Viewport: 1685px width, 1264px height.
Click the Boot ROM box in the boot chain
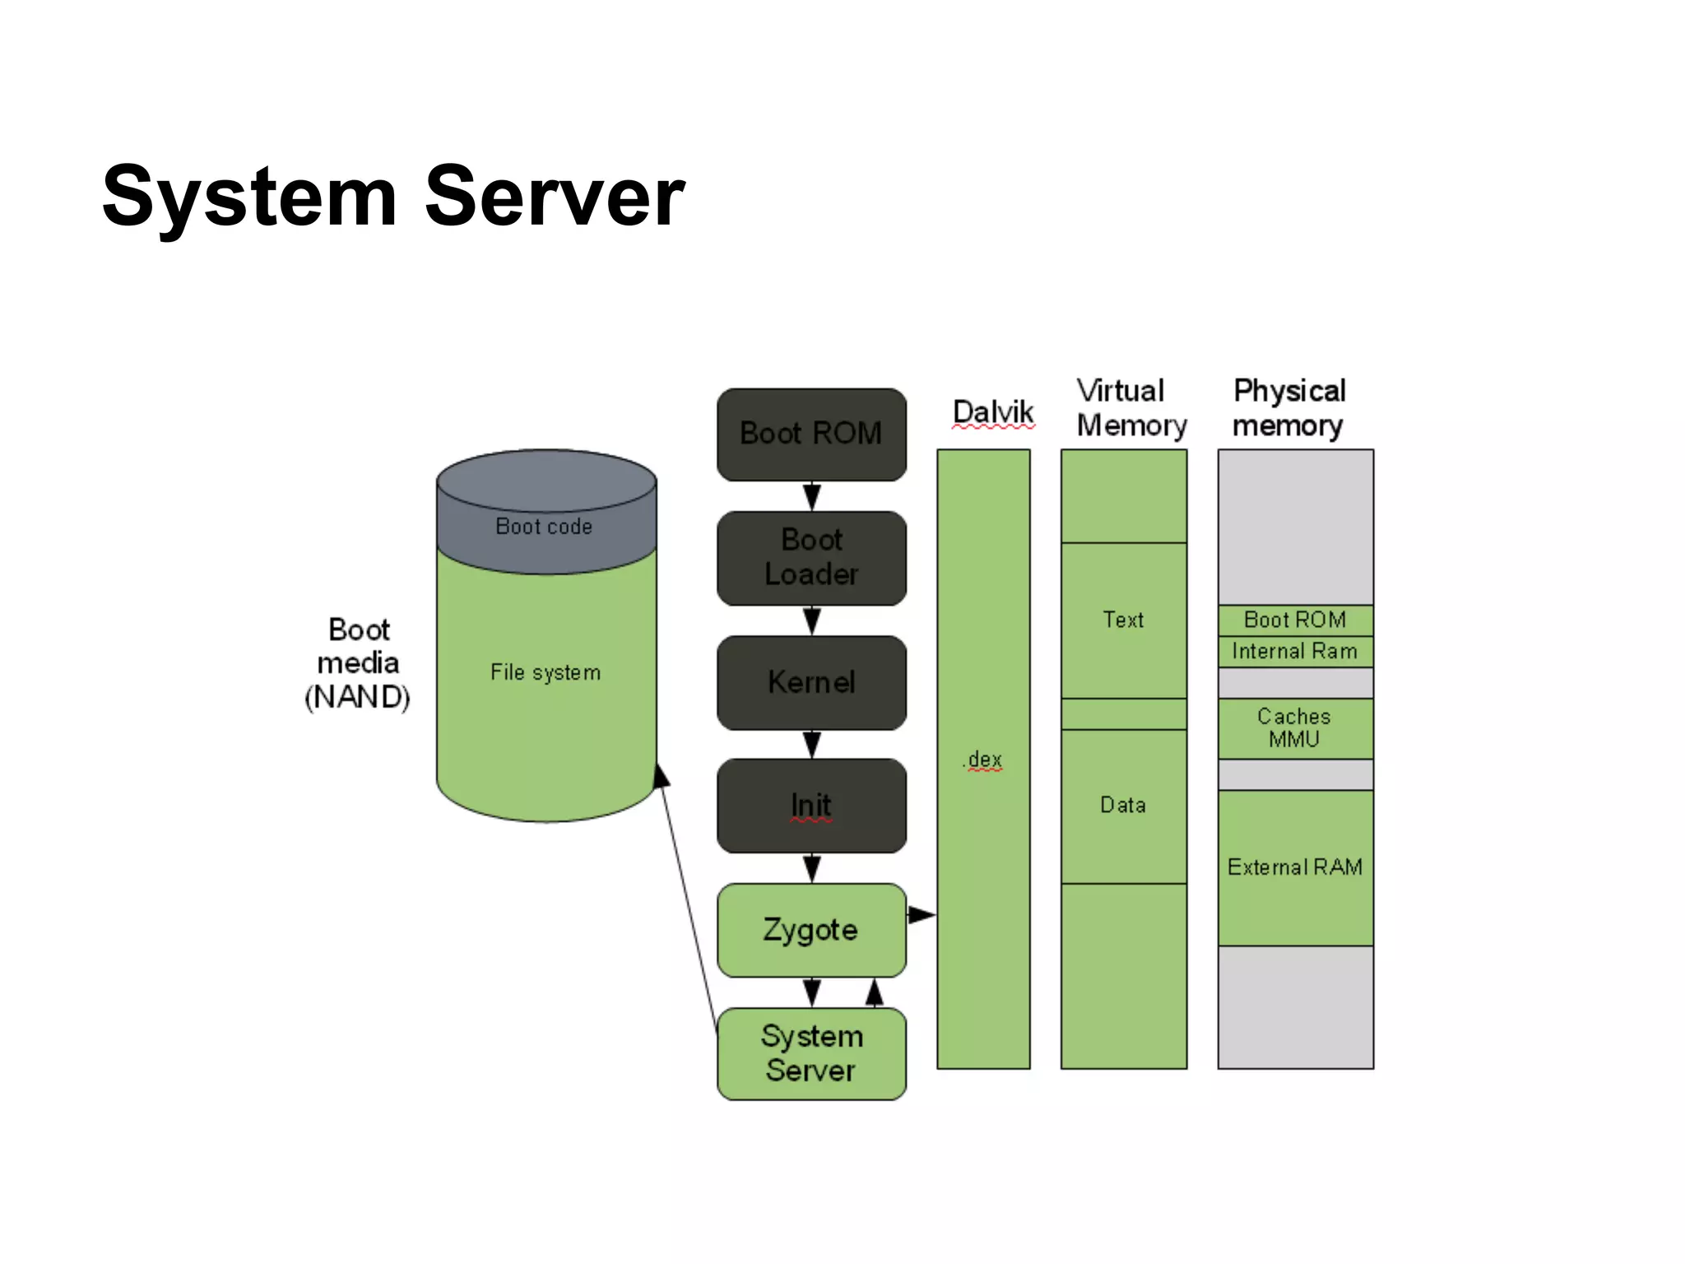811,434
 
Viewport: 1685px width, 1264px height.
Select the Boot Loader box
811,557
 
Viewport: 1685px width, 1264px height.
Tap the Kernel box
811,682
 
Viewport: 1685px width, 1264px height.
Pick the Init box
811,805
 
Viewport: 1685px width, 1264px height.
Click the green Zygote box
811,930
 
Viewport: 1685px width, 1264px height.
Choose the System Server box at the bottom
811,1053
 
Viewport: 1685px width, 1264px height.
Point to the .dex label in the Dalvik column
983,759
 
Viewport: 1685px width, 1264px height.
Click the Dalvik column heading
993,411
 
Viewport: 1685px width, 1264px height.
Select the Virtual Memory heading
1130,408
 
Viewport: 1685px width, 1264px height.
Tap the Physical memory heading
1289,408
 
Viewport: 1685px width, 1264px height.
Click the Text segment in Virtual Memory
1123,620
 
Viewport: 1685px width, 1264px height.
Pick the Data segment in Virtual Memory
1123,805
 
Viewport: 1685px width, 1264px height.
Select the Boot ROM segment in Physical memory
1295,620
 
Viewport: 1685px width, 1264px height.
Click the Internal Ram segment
1295,652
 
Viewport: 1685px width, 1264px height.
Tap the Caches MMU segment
1295,728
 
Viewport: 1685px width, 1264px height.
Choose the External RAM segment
1295,867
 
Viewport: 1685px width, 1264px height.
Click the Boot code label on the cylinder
544,527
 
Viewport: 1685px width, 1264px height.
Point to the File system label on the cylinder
545,672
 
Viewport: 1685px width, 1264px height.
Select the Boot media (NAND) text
358,663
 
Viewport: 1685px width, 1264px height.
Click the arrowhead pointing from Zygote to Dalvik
923,914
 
